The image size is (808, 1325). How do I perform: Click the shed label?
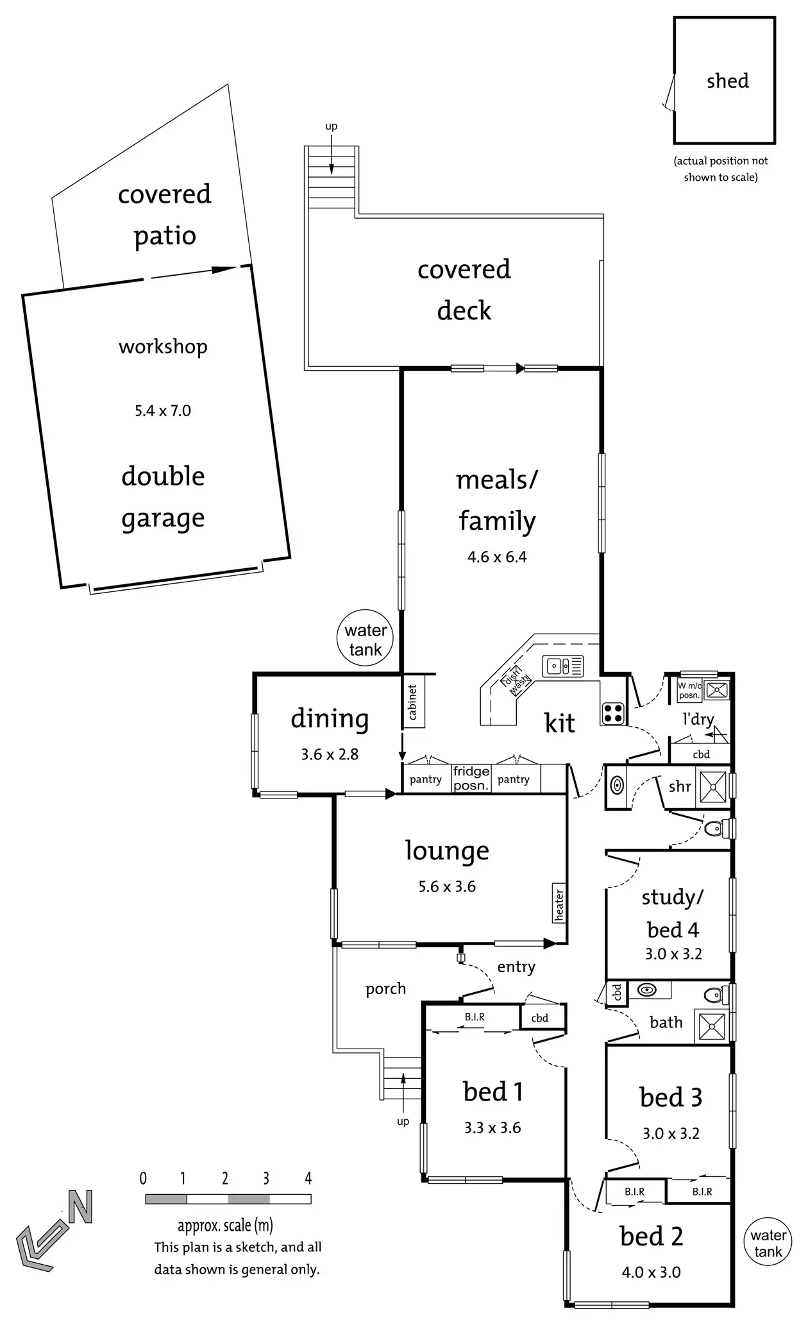(727, 81)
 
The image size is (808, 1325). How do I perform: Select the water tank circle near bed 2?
(768, 1243)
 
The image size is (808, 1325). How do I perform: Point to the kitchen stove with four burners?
(613, 713)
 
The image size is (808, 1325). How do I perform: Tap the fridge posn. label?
(471, 778)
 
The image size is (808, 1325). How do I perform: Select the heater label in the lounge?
(559, 904)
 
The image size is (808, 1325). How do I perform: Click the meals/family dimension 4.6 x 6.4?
(497, 557)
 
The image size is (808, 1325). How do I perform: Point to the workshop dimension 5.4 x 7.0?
(163, 410)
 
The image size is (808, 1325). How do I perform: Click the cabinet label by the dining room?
(413, 702)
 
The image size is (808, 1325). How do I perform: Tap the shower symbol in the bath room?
(712, 1026)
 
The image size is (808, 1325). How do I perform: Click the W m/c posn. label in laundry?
(689, 690)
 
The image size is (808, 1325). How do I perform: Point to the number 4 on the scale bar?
(308, 1178)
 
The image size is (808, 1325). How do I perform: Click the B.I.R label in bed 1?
(475, 1017)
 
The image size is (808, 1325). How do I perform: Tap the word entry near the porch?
(516, 967)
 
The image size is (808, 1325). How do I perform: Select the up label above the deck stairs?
(331, 126)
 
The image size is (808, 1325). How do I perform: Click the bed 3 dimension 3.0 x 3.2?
(671, 1133)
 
